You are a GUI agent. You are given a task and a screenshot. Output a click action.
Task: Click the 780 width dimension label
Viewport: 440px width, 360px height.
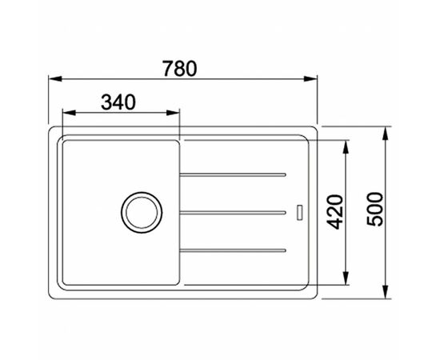[180, 69]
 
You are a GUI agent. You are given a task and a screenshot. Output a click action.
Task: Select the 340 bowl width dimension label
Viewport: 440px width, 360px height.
[118, 102]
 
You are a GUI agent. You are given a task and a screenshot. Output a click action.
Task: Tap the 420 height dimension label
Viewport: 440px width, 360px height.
[335, 212]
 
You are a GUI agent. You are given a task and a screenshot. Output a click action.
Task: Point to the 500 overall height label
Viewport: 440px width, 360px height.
[375, 209]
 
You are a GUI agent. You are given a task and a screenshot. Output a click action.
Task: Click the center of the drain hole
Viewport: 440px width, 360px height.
[142, 213]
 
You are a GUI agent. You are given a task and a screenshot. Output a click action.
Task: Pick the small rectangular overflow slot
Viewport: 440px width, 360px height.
[300, 212]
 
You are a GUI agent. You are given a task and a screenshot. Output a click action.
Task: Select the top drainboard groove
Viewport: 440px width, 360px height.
[233, 175]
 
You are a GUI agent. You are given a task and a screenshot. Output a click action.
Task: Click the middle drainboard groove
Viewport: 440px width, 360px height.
[233, 213]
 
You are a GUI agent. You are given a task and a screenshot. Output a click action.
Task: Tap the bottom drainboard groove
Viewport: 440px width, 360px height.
[233, 250]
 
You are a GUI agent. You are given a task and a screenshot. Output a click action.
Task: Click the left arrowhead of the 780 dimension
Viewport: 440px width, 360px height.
[55, 79]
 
